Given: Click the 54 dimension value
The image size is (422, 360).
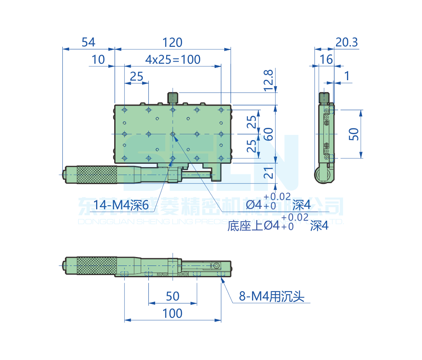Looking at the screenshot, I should tap(89, 42).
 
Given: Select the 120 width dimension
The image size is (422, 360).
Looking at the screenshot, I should tap(173, 42).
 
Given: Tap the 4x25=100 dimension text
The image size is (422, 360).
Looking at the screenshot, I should tap(173, 60).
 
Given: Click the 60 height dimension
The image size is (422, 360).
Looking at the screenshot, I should tap(269, 134).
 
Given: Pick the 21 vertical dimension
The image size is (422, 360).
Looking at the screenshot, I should tap(269, 173).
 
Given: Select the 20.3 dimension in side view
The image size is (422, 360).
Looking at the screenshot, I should tap(347, 42).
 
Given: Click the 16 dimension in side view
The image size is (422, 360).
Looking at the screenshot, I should tap(326, 60).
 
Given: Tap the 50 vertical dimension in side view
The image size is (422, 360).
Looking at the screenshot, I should tap(354, 134).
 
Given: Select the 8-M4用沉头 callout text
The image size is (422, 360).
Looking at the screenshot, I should tap(271, 297).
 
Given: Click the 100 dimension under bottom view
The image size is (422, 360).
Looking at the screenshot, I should tap(173, 313).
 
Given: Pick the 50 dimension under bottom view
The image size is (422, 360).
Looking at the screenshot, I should tap(173, 296).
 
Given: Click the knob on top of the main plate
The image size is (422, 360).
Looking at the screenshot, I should tap(172, 97).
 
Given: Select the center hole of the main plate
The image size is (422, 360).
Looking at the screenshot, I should tap(173, 134).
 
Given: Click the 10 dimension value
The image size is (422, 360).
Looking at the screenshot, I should tap(98, 60).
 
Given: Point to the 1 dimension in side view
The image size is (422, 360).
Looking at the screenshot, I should tap(347, 76).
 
